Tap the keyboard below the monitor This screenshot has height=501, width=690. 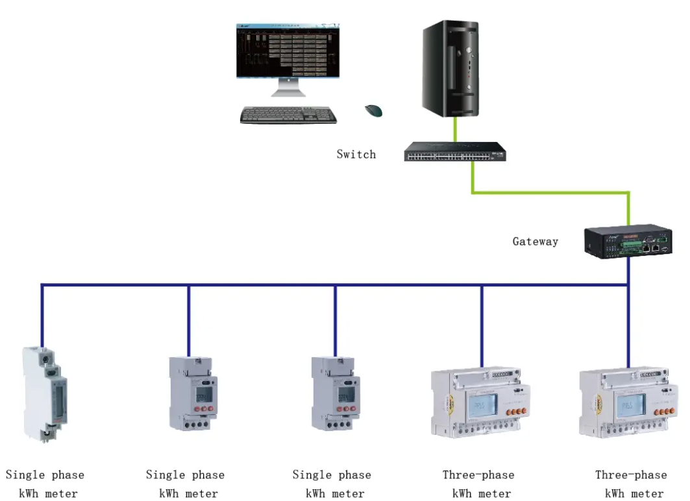pos(288,115)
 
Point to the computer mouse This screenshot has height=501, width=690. pos(373,111)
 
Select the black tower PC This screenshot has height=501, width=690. pos(452,68)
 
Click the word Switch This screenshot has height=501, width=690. pos(356,154)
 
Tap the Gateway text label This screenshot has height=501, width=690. pos(535,242)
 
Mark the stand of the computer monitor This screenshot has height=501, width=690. pos(288,89)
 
